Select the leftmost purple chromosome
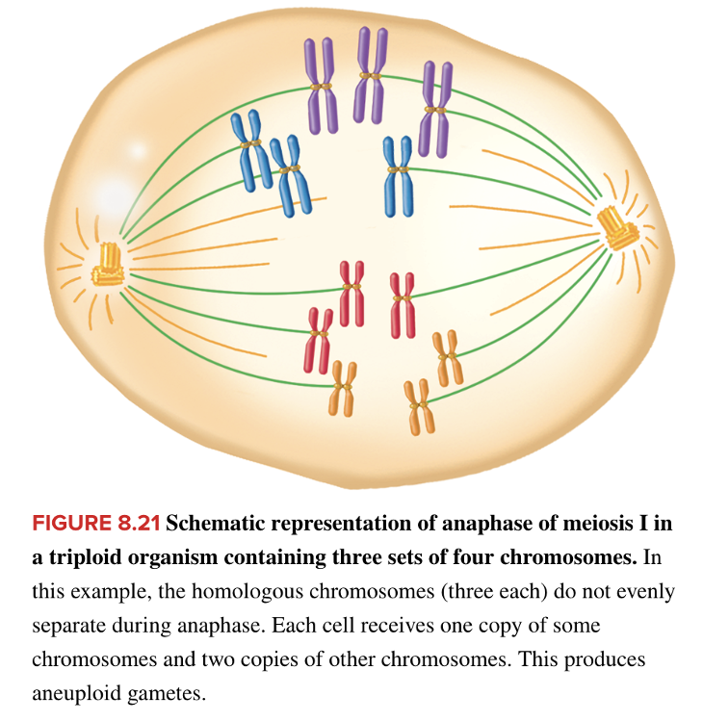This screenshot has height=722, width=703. click(322, 87)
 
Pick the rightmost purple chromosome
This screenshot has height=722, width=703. click(436, 109)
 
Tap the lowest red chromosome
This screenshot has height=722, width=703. click(319, 340)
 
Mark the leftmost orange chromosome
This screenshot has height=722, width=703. click(343, 387)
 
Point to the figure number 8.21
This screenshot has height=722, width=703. click(141, 525)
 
